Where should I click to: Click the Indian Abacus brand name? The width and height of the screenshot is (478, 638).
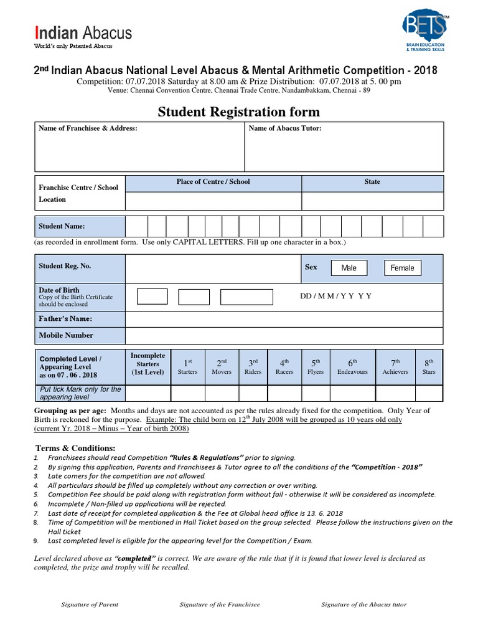[83, 32]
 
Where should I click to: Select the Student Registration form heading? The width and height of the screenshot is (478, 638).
[238, 112]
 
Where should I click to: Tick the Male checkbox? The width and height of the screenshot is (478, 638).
[349, 268]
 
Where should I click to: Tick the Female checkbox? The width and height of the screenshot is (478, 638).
[402, 268]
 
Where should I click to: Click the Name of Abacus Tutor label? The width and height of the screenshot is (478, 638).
[285, 129]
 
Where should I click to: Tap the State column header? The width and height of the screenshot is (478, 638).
[372, 182]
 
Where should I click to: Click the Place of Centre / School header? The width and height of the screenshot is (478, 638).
[213, 182]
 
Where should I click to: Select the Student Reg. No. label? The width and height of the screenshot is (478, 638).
[65, 266]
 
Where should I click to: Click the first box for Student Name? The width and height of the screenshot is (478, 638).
[136, 226]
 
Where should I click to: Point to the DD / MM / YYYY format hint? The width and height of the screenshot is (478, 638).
[335, 296]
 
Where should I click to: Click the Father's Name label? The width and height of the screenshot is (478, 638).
[65, 319]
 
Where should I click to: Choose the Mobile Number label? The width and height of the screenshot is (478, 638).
[66, 335]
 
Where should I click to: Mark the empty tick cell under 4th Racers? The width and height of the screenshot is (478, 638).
[284, 394]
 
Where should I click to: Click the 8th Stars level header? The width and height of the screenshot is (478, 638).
[429, 366]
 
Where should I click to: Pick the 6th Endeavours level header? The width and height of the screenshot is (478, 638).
[352, 366]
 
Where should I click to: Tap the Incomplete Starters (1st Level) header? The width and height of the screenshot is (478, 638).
[148, 364]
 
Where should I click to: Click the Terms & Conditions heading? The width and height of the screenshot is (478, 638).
[75, 449]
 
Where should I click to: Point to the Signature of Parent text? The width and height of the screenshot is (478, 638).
[90, 604]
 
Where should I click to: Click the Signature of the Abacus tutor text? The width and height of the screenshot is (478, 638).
[363, 604]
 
